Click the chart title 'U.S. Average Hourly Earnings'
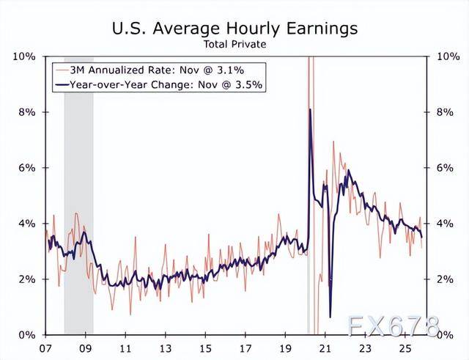click(x=234, y=29)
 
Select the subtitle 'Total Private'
click(x=234, y=45)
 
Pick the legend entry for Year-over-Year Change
click(x=164, y=85)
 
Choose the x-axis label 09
click(x=86, y=348)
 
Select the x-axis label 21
click(x=325, y=348)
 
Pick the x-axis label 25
click(x=405, y=348)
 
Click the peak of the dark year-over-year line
click(x=311, y=109)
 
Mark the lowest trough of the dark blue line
click(x=330, y=317)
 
